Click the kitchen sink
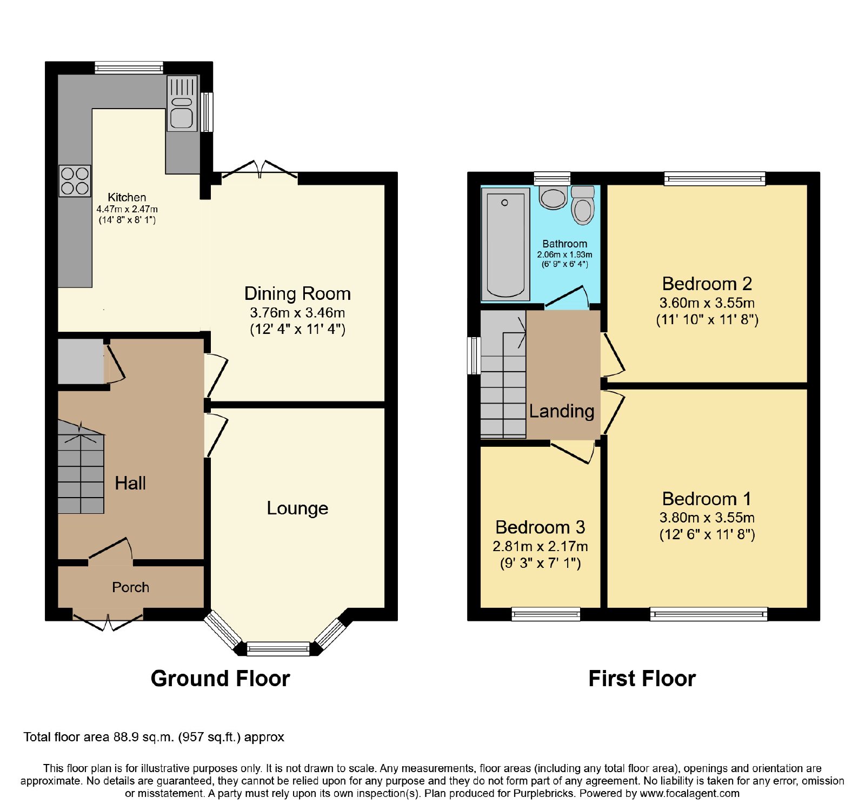tap(182, 103)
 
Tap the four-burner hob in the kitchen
tap(75, 180)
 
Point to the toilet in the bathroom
tap(583, 205)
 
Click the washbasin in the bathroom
tap(553, 198)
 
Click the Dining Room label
tap(297, 293)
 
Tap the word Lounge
tap(297, 508)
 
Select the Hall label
tap(130, 482)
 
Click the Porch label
tap(130, 587)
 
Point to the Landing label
tap(562, 411)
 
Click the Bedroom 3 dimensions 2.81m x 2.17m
tap(540, 546)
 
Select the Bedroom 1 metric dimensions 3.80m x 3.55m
tap(707, 518)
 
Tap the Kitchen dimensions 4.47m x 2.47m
tap(127, 209)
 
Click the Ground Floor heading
tap(221, 678)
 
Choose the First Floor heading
tap(642, 678)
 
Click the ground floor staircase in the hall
tap(81, 467)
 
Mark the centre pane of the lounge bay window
tap(278, 648)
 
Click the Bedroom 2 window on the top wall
tap(715, 178)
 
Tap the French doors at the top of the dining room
tap(259, 170)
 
